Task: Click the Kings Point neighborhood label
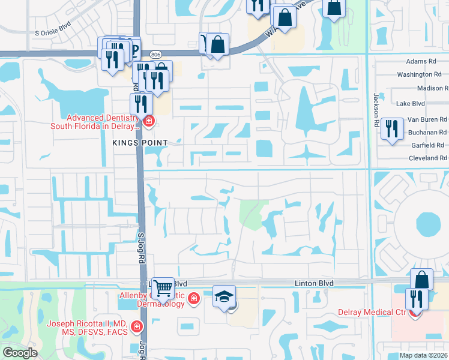(139, 142)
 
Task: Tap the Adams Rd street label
(421, 61)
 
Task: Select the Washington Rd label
(419, 74)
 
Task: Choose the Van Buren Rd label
(427, 119)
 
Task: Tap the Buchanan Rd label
(426, 132)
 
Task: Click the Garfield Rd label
(427, 145)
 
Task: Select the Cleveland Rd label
(425, 158)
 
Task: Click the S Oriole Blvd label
(53, 33)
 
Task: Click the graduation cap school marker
(224, 296)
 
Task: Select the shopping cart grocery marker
(163, 289)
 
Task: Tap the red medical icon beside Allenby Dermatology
(193, 299)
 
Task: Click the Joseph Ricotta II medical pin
(137, 327)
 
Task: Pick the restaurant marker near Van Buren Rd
(391, 127)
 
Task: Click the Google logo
(20, 353)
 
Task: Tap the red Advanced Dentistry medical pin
(148, 122)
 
